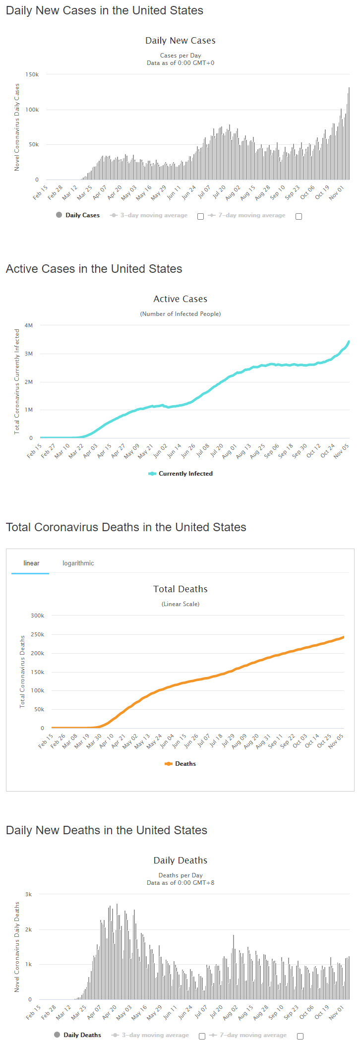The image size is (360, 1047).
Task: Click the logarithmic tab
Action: pyautogui.click(x=78, y=563)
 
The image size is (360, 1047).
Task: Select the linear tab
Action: pyautogui.click(x=31, y=563)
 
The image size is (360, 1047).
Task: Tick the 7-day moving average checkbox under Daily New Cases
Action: pyautogui.click(x=299, y=216)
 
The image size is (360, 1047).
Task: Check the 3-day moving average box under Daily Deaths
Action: pyautogui.click(x=202, y=1036)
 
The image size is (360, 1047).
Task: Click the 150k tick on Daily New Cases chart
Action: pyautogui.click(x=32, y=74)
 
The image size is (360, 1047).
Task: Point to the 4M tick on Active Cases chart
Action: pyautogui.click(x=29, y=325)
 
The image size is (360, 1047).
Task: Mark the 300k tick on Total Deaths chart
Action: pyautogui.click(x=37, y=616)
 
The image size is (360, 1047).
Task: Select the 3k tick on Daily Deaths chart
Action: pyautogui.click(x=29, y=894)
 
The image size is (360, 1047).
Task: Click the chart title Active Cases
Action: pyautogui.click(x=180, y=299)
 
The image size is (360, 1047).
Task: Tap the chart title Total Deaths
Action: pyautogui.click(x=180, y=589)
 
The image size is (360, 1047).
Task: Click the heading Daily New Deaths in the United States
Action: pyautogui.click(x=107, y=830)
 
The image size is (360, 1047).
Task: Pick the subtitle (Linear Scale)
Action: pyautogui.click(x=180, y=604)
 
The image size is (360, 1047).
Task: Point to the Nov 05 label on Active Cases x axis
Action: pyautogui.click(x=341, y=451)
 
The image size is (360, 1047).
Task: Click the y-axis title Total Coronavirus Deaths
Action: pyautogui.click(x=22, y=672)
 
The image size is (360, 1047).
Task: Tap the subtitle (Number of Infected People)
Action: pyautogui.click(x=180, y=314)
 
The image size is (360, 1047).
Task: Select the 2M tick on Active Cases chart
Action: pyautogui.click(x=29, y=382)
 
